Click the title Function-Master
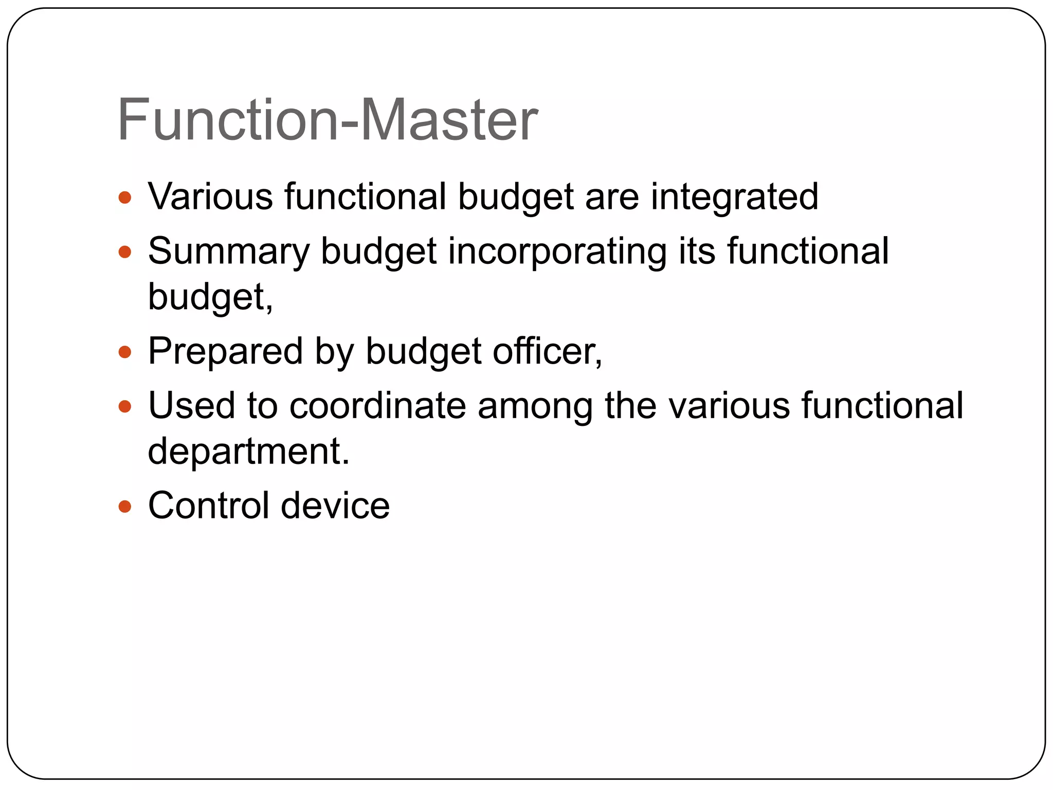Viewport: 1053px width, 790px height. (328, 120)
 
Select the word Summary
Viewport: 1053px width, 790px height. (229, 252)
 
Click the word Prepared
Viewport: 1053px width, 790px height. (225, 352)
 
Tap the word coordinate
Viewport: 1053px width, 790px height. (377, 406)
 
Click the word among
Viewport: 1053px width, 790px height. (535, 407)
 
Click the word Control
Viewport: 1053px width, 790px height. (208, 506)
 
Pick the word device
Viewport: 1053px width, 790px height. (335, 506)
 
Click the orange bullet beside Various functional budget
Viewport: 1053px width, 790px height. (125, 197)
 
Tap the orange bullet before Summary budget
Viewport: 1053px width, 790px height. (125, 252)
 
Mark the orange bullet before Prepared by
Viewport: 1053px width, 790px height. (125, 352)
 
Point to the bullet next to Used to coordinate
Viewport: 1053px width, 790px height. (125, 407)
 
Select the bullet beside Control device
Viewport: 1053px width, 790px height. (125, 507)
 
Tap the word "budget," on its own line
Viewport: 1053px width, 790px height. (210, 297)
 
